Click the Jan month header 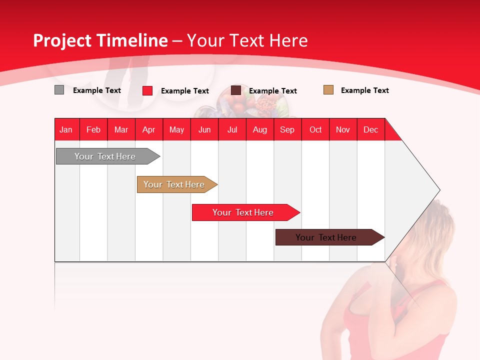(x=66, y=129)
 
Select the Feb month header (x=93, y=129)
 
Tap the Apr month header (x=148, y=129)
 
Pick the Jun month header (x=204, y=129)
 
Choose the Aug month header (x=259, y=129)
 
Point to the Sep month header (x=287, y=129)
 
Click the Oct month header (x=315, y=129)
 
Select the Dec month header (x=370, y=129)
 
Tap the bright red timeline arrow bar (x=243, y=212)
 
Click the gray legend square (x=59, y=90)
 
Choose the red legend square (x=147, y=90)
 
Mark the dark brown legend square (x=236, y=90)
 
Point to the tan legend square (x=328, y=90)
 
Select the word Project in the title (x=62, y=40)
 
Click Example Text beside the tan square (x=364, y=90)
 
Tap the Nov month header (x=343, y=129)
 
